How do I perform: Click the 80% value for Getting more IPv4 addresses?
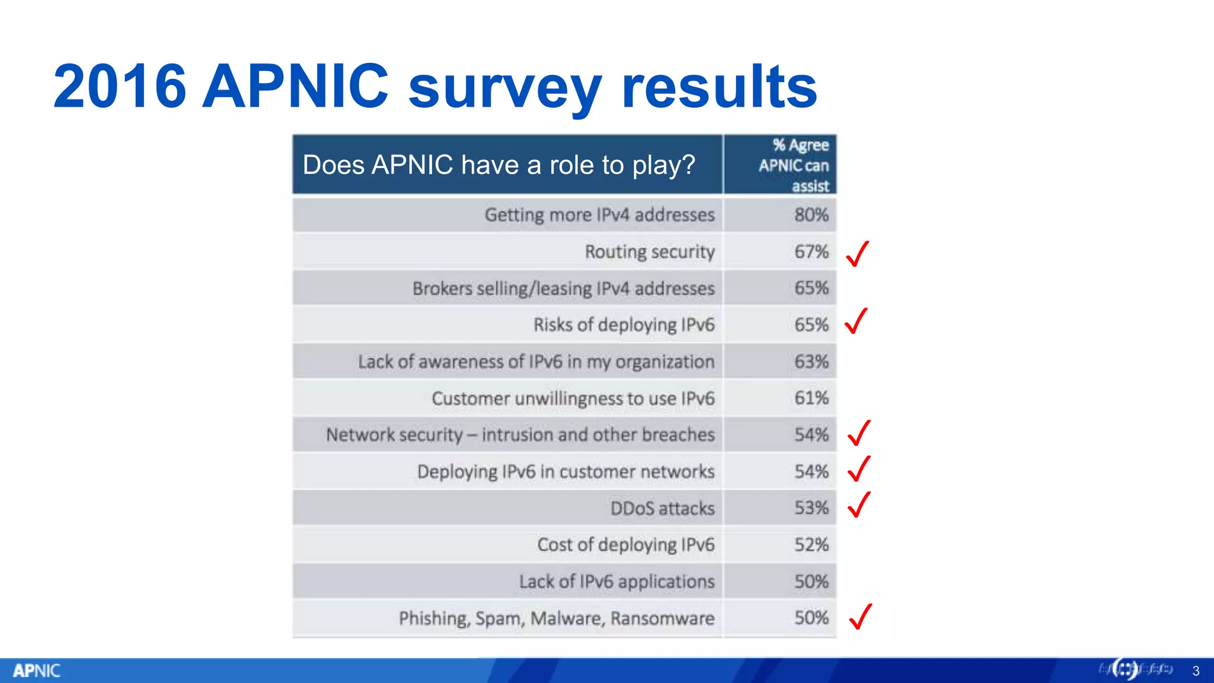811,215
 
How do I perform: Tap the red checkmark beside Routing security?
857,254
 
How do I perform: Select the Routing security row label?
650,252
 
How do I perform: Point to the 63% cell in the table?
811,362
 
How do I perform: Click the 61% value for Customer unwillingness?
811,398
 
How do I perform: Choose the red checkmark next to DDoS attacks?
859,505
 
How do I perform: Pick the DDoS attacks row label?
662,509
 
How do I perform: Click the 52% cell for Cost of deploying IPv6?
811,545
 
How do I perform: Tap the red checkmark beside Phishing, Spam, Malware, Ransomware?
860,616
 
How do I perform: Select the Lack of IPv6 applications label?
616,582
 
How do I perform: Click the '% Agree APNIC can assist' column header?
794,165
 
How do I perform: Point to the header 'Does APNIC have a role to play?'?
499,165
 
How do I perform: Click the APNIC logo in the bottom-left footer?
37,671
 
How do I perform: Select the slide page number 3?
1196,671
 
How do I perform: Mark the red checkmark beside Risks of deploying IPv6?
857,321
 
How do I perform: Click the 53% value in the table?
811,508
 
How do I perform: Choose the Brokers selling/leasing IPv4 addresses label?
563,289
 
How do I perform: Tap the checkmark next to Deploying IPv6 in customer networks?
859,468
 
